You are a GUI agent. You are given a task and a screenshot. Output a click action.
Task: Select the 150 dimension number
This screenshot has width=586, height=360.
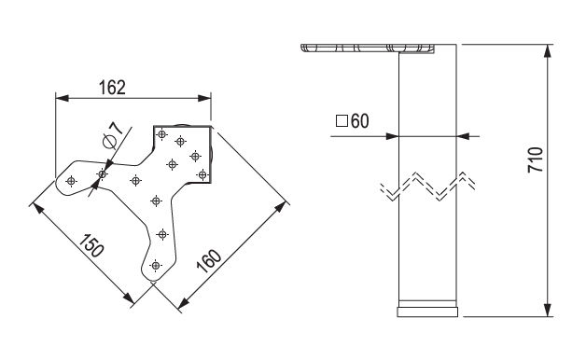[91, 247]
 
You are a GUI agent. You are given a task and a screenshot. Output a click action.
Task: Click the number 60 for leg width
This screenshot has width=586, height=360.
[362, 120]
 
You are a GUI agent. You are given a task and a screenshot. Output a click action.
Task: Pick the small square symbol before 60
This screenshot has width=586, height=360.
[341, 120]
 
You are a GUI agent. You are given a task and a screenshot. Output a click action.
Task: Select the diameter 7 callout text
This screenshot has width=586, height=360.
[111, 134]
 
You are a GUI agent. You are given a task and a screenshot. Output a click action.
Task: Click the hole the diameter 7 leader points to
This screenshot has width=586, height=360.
[103, 173]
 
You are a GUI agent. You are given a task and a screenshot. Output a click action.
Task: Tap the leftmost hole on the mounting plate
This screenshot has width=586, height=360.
[72, 179]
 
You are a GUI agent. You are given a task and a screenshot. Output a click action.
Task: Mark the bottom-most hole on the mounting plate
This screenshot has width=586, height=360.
[156, 266]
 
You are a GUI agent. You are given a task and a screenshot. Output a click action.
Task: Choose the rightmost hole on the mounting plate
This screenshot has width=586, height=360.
[202, 173]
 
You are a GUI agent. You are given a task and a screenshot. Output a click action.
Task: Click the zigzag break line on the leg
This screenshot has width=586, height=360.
[428, 187]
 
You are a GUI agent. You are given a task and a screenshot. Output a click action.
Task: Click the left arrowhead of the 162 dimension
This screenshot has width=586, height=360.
[61, 96]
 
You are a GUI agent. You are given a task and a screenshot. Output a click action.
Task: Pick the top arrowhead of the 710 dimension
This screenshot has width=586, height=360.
[548, 48]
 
